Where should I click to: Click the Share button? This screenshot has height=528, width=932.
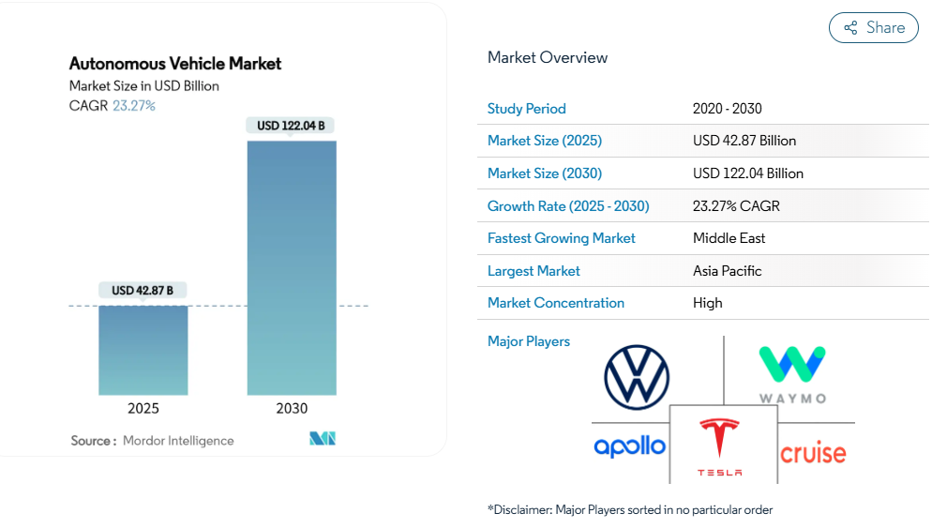[874, 28]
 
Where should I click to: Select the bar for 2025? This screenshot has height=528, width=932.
[143, 350]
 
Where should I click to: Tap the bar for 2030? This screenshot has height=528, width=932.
[292, 267]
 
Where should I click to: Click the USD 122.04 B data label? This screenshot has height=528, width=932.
[292, 126]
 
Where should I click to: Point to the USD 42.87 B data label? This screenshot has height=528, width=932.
[143, 291]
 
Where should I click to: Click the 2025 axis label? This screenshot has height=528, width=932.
[143, 409]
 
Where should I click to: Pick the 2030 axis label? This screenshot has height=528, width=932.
[292, 409]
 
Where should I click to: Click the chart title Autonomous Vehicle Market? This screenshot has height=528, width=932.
[175, 64]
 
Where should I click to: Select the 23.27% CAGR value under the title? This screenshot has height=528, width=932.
[134, 106]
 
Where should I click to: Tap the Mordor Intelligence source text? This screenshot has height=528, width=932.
[178, 441]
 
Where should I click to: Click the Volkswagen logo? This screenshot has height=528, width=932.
[637, 377]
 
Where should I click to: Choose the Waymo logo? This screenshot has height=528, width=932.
[792, 373]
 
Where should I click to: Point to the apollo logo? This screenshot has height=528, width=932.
[629, 446]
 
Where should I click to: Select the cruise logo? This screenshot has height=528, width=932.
[813, 454]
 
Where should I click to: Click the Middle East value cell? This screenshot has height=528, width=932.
[729, 238]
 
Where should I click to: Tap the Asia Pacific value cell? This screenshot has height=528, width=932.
[727, 271]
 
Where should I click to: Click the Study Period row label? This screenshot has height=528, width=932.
[527, 109]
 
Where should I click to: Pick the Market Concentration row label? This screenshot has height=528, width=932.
[556, 303]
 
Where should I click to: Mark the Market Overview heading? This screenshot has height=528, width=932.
[548, 57]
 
